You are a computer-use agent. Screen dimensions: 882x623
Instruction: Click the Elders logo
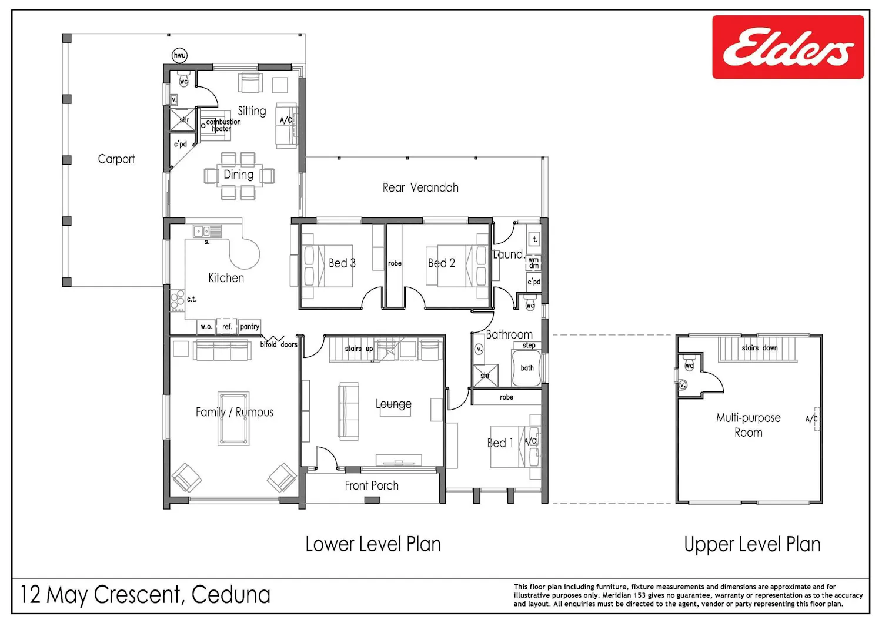[788, 47]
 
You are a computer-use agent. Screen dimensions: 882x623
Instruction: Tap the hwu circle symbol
[179, 55]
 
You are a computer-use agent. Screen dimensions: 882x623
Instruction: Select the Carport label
[116, 159]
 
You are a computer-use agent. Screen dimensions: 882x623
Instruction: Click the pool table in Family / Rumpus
[233, 418]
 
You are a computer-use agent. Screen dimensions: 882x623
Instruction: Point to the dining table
[239, 176]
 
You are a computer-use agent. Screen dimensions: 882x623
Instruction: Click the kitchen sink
[208, 231]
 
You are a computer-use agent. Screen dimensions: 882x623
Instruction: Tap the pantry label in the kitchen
[250, 326]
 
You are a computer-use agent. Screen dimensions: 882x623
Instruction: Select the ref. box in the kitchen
[227, 326]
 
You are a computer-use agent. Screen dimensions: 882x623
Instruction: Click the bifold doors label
[279, 345]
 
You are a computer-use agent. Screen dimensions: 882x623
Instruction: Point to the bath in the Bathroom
[526, 368]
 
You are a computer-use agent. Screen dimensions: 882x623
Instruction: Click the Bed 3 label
[342, 263]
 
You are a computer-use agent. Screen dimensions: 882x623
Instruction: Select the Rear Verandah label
[420, 187]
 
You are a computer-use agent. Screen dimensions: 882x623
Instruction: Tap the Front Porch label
[372, 485]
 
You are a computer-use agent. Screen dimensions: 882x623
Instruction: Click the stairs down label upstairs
[760, 348]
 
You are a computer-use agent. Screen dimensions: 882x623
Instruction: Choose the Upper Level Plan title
[752, 545]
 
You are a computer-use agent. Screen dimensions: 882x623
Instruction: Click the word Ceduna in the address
[231, 595]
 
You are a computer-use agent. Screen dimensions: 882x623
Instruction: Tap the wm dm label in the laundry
[533, 263]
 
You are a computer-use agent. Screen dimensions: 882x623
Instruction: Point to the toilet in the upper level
[689, 363]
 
